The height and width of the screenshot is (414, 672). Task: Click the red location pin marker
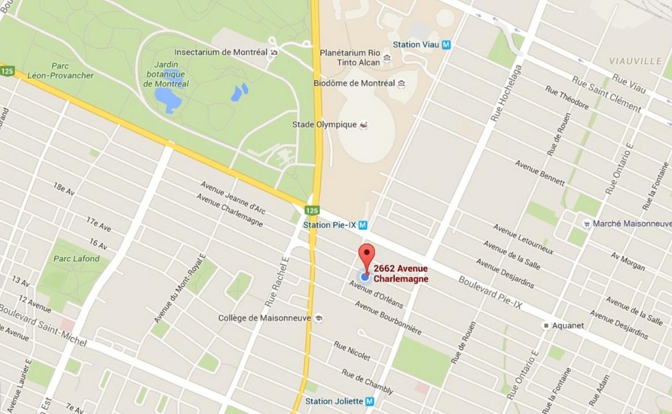[366, 255]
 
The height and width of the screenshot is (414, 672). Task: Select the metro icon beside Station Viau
[446, 45]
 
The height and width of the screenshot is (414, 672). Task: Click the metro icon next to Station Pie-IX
[362, 225]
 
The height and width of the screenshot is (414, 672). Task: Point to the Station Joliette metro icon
[370, 401]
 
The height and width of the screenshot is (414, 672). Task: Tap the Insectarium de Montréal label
[220, 52]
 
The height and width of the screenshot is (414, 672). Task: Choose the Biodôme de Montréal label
[354, 83]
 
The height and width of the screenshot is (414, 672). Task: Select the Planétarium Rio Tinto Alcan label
[350, 57]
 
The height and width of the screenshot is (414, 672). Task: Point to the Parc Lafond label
[76, 258]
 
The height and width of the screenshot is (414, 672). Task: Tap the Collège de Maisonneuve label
[265, 318]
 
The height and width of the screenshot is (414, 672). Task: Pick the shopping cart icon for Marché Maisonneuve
[586, 224]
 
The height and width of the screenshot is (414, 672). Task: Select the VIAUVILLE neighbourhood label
[635, 61]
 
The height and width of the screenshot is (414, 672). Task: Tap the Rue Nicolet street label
[352, 351]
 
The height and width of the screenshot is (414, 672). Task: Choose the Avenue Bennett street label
[540, 173]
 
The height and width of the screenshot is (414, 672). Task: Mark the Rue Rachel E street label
[277, 281]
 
